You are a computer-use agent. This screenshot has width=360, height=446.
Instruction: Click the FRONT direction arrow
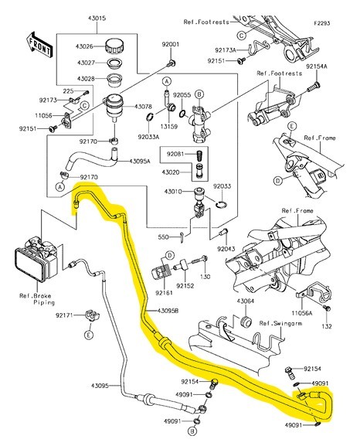39,45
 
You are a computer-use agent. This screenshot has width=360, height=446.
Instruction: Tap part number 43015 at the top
97,19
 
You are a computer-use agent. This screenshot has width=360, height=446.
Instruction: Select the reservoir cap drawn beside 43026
114,46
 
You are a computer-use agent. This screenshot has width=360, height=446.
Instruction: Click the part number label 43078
143,107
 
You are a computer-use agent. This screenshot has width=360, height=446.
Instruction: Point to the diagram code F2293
322,23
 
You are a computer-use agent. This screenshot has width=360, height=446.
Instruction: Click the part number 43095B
168,311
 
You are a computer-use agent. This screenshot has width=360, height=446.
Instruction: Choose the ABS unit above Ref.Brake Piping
36,260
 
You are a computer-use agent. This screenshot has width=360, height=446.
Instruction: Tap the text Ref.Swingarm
280,323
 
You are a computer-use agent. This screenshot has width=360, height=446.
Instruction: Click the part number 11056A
302,313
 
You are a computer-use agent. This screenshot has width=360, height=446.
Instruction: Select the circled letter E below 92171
89,335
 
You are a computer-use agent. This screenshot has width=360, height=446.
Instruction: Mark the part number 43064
246,301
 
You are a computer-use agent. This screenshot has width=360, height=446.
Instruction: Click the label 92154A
317,66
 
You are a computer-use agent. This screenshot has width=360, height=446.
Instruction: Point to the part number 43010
173,192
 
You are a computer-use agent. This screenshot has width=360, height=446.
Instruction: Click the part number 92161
164,292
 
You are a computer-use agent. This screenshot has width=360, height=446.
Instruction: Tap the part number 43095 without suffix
100,386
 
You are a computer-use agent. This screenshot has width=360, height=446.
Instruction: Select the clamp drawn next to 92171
93,315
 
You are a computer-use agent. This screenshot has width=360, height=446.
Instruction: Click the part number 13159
169,127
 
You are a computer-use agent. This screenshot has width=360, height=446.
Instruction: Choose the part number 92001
171,44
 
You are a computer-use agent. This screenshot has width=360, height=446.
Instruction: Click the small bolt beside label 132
327,308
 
